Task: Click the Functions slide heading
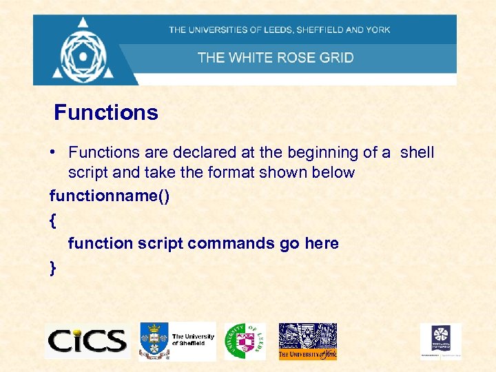tap(106, 112)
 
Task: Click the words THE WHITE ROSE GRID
tap(276, 57)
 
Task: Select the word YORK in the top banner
tap(378, 30)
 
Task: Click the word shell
tap(417, 152)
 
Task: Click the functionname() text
tap(110, 196)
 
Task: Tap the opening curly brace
tap(53, 220)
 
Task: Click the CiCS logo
tap(87, 340)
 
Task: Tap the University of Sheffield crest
tap(154, 340)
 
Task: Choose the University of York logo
tap(307, 341)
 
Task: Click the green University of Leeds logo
tap(245, 340)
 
